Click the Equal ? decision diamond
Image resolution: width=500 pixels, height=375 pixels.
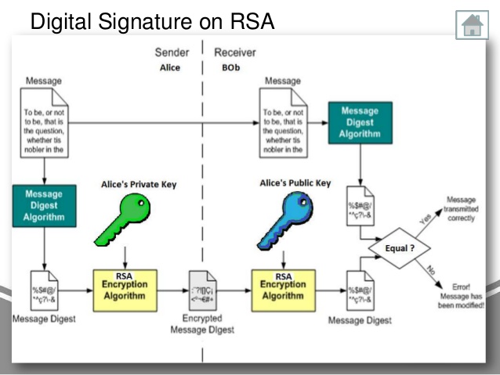coord(401,248)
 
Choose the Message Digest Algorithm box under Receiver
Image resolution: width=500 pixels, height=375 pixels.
coord(360,123)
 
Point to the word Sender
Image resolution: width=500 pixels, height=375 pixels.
coord(172,53)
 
